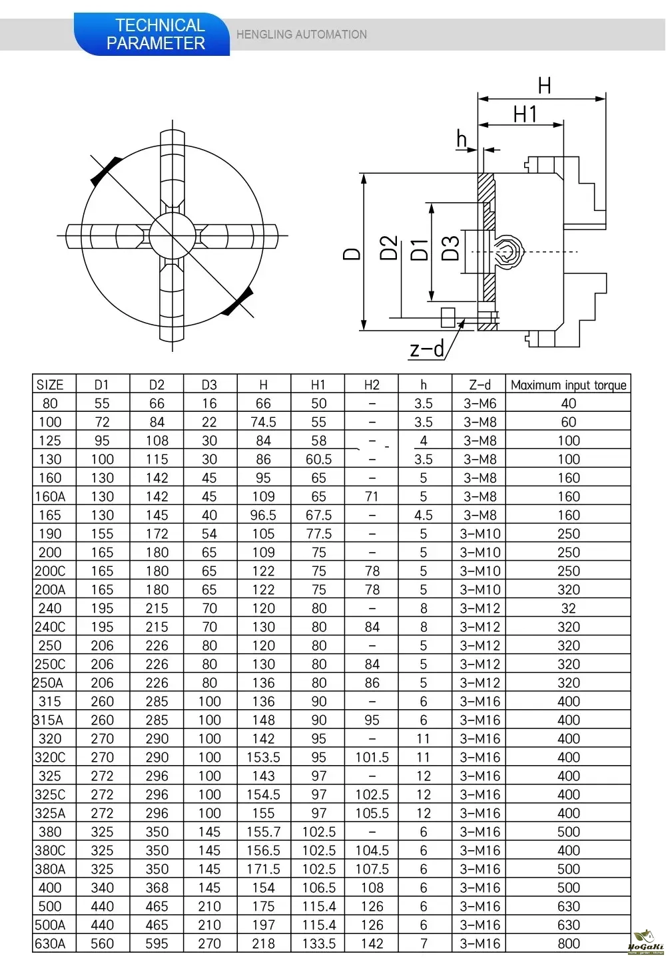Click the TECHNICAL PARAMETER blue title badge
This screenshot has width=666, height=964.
coord(157,35)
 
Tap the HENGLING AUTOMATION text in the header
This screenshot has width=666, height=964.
coord(301,35)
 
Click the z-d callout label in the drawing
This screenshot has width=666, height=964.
coord(427,349)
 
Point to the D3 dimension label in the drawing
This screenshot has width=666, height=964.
coord(451,248)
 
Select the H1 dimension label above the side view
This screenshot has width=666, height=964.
coord(525,114)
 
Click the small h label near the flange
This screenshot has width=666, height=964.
coord(462,139)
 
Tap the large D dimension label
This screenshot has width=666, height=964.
coord(352,253)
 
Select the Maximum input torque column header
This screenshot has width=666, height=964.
coord(568,385)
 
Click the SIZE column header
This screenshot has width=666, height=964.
coord(50,385)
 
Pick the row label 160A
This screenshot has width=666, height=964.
coord(50,496)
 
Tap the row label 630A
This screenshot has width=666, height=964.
coord(50,943)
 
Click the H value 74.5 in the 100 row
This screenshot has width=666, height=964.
coord(263,422)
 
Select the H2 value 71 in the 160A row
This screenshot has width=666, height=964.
coord(372,496)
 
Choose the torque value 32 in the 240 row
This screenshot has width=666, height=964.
coord(568,608)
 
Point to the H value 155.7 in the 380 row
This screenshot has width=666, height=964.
coord(263,832)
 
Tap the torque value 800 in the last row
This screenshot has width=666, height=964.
coord(568,943)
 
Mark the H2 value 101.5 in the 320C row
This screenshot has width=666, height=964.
coord(372,757)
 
